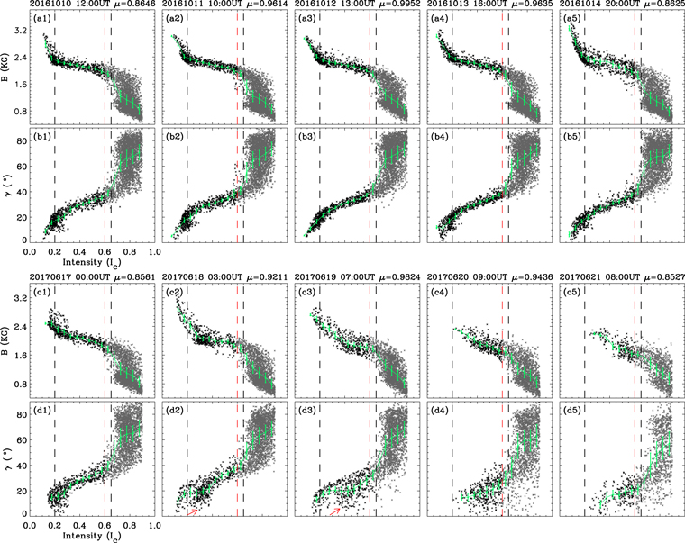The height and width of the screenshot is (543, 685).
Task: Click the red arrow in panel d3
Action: tap(335, 510)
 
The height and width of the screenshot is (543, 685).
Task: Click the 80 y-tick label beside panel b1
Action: tap(20, 140)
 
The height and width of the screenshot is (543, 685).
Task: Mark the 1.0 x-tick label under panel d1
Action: tap(154, 524)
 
